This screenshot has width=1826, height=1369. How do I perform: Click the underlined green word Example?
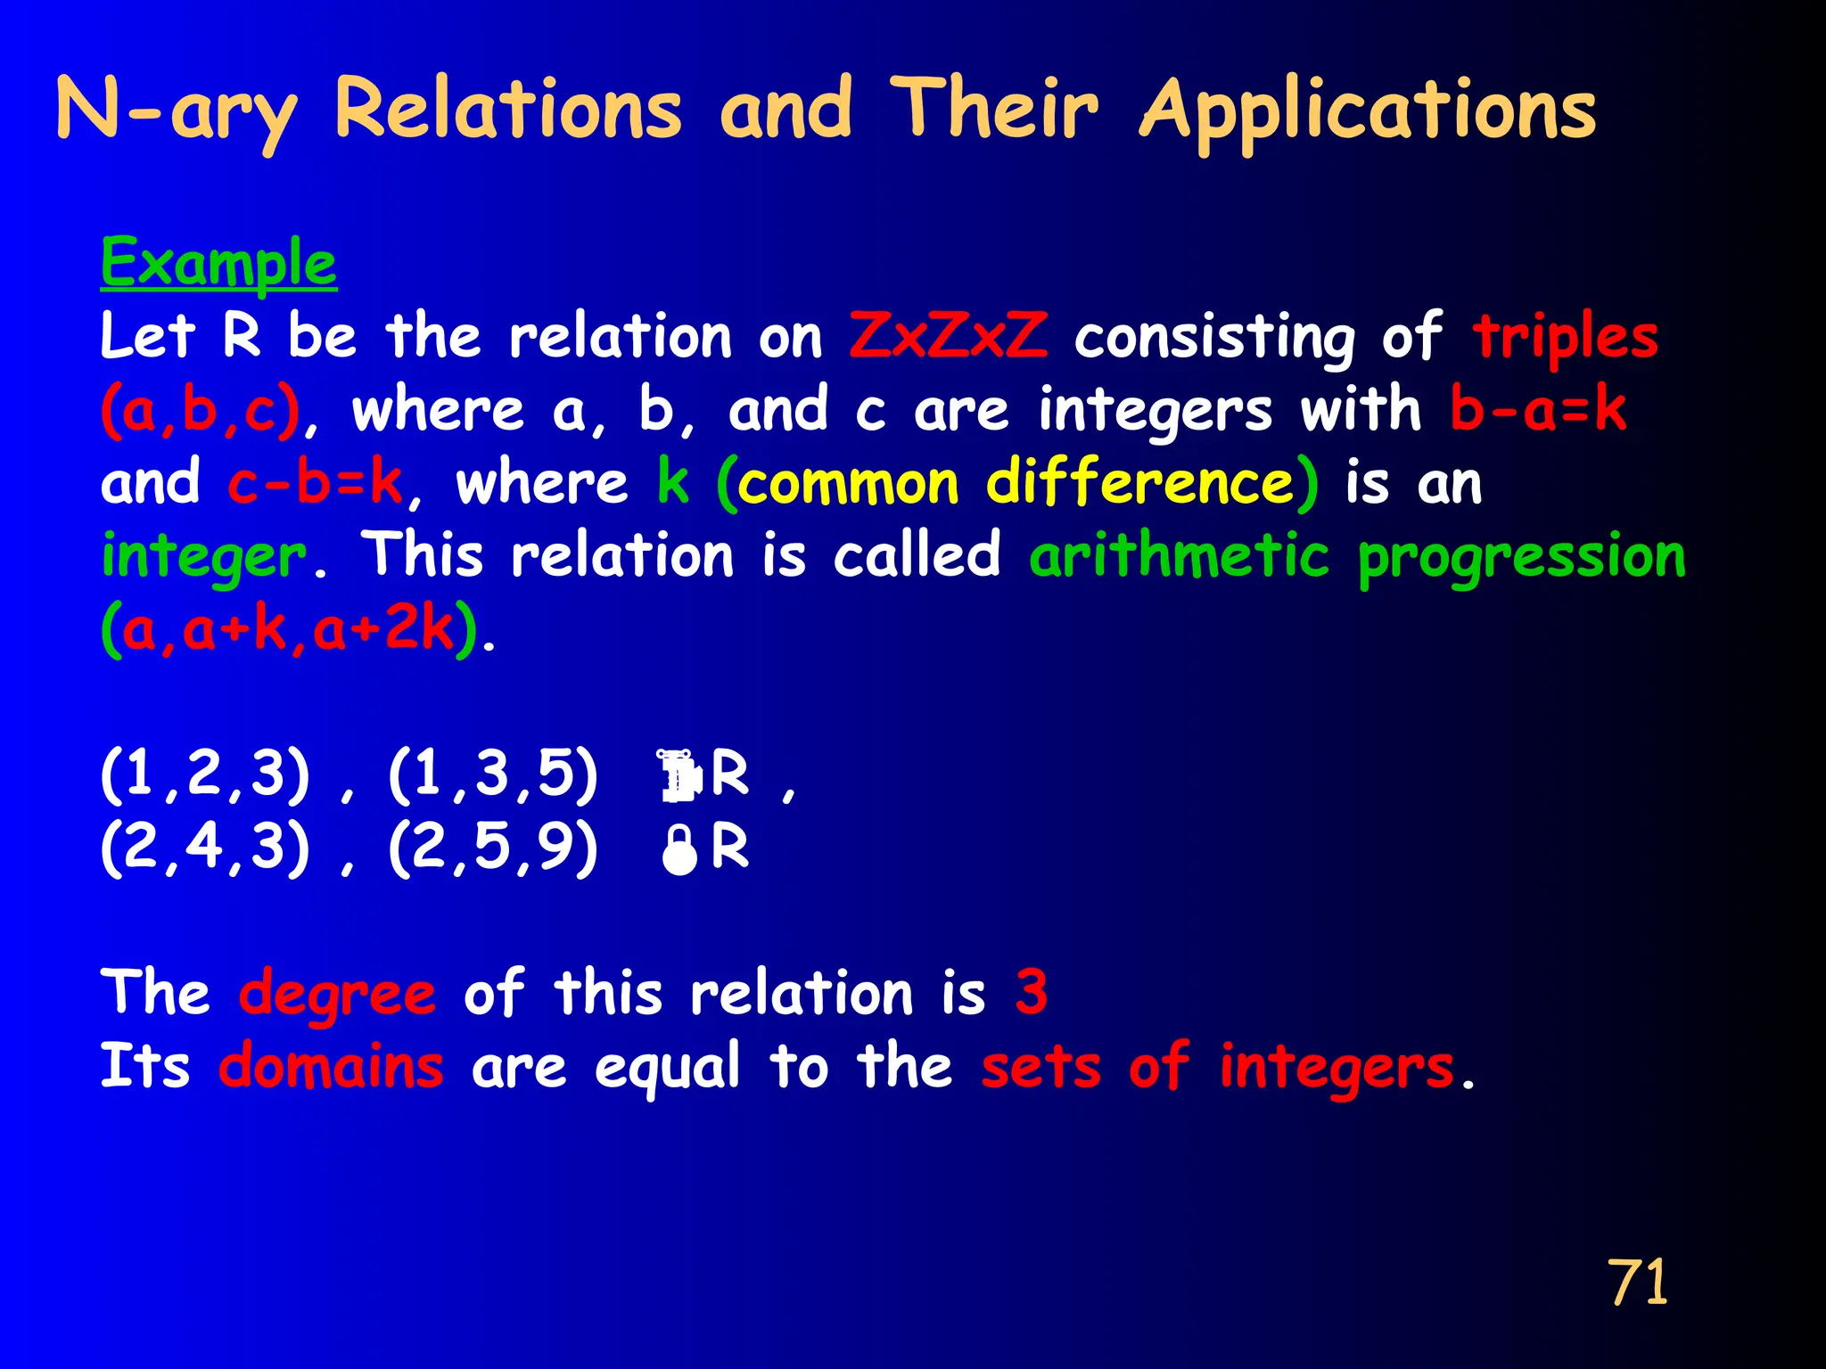click(x=218, y=263)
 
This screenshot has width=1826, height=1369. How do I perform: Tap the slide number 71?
click(x=1637, y=1283)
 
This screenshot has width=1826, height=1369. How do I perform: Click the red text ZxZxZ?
click(x=948, y=337)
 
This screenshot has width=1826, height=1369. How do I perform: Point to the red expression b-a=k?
click(x=1538, y=410)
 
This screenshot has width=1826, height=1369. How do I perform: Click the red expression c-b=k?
click(x=315, y=483)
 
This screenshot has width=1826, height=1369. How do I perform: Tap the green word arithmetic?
click(x=1179, y=556)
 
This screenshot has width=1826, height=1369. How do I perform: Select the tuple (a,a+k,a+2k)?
click(x=289, y=629)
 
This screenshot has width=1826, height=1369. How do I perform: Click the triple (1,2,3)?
click(x=206, y=774)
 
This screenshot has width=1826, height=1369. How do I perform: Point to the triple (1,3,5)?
click(x=493, y=774)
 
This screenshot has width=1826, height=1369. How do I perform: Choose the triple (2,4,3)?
click(x=206, y=847)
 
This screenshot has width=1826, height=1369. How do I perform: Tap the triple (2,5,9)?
click(x=493, y=847)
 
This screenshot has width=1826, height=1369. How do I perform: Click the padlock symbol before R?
click(x=679, y=850)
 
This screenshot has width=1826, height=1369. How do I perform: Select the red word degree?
click(x=337, y=994)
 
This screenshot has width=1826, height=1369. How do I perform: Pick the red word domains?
click(x=331, y=1066)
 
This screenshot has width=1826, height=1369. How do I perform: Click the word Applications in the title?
click(x=1368, y=111)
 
